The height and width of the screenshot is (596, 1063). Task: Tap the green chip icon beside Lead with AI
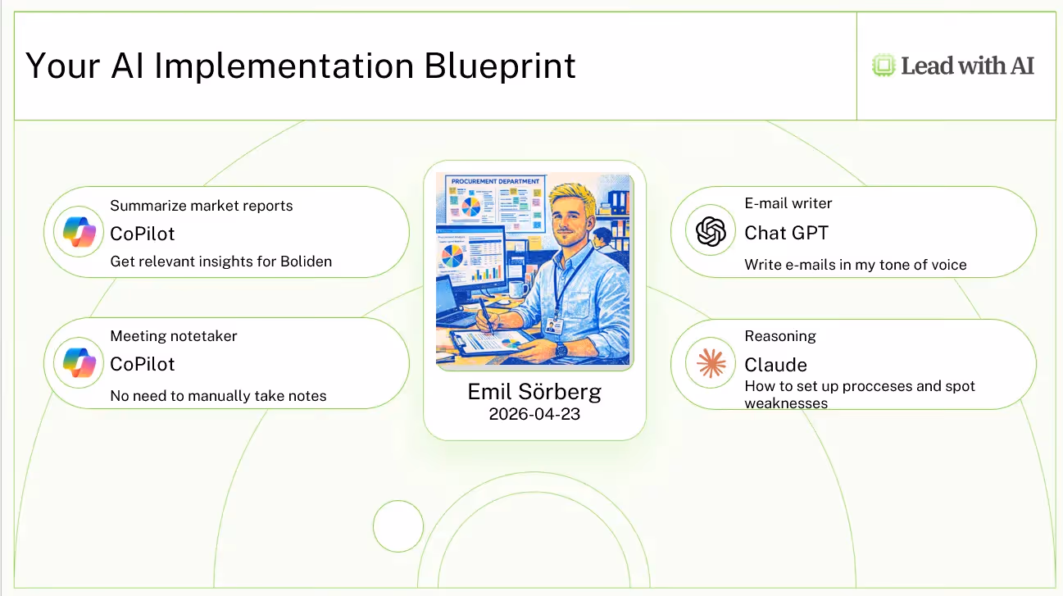click(x=884, y=66)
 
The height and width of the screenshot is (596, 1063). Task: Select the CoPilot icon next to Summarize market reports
click(x=79, y=232)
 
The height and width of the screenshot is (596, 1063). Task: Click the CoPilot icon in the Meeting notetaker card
click(x=79, y=362)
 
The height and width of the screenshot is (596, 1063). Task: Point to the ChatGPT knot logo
click(x=711, y=231)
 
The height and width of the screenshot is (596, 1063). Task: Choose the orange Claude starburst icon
click(x=711, y=363)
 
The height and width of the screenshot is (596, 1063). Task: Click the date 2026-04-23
click(x=534, y=414)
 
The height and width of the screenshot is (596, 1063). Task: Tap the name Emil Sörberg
click(x=534, y=393)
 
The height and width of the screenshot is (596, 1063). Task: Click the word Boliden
click(x=306, y=262)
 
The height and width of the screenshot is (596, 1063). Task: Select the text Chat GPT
click(x=786, y=233)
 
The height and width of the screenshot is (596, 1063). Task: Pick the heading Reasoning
click(x=780, y=336)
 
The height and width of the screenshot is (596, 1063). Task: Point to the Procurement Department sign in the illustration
click(x=495, y=181)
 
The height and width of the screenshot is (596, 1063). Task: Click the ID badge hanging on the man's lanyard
click(x=554, y=326)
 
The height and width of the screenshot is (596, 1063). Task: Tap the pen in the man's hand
click(x=485, y=315)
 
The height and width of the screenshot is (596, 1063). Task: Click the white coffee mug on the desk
click(x=518, y=289)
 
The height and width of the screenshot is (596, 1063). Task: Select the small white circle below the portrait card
click(x=398, y=525)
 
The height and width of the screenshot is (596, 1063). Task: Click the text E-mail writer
click(x=788, y=203)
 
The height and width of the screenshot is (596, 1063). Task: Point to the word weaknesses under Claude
click(x=786, y=403)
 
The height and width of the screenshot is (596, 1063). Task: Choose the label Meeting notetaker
click(x=173, y=336)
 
